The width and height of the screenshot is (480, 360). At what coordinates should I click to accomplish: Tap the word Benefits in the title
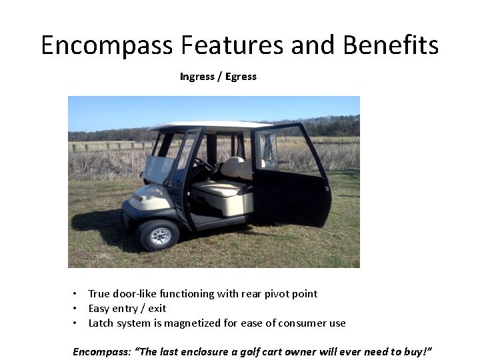pos(391,45)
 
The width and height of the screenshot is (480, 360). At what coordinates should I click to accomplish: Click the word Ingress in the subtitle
pos(197,77)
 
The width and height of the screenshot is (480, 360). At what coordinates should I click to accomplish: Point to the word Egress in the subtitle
pos(241,77)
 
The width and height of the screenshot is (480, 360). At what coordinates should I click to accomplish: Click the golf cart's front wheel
pos(159,235)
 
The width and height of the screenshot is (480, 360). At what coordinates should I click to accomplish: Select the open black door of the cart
pos(293,183)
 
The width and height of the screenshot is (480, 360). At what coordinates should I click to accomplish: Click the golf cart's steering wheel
pos(203,164)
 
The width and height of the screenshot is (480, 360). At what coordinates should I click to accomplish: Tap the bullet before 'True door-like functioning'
pos(77,294)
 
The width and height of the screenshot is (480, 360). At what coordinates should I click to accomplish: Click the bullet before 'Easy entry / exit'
pos(77,309)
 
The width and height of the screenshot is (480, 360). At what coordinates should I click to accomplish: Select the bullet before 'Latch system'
pos(77,323)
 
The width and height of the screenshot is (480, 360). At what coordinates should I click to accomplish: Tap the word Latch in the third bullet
pos(101,323)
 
